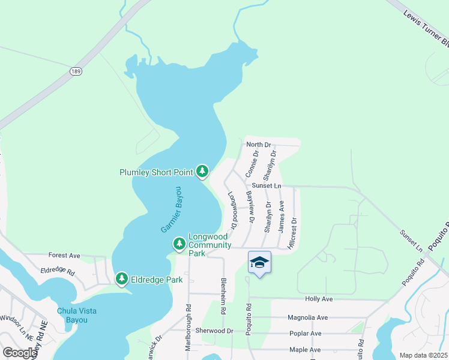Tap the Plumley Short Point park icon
click(202, 173)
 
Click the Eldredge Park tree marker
click(122, 279)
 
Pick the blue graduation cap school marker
click(259, 263)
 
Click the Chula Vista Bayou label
click(76, 315)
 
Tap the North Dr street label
click(259, 145)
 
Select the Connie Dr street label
click(252, 164)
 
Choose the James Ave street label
click(281, 217)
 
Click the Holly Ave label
click(319, 299)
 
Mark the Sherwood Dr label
click(214, 331)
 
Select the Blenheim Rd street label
click(223, 296)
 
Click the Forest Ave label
click(64, 255)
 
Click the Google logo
click(20, 352)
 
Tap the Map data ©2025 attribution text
click(423, 355)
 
